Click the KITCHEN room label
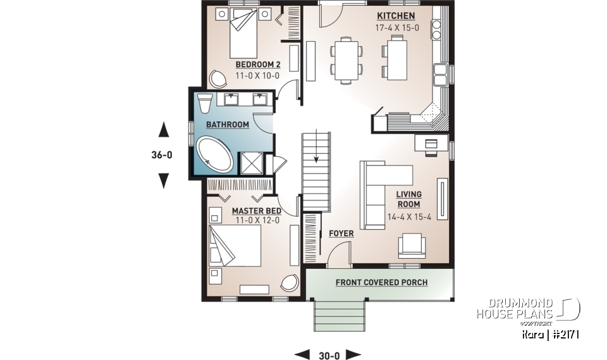[396, 16]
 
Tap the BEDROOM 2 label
[257, 65]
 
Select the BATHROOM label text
[227, 125]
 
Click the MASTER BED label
[257, 211]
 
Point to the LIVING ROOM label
[408, 199]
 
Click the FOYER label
[341, 233]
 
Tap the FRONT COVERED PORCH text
[381, 282]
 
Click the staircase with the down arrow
[316, 171]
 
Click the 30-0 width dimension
[328, 354]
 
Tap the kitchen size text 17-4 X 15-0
[396, 28]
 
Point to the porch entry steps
[341, 313]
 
